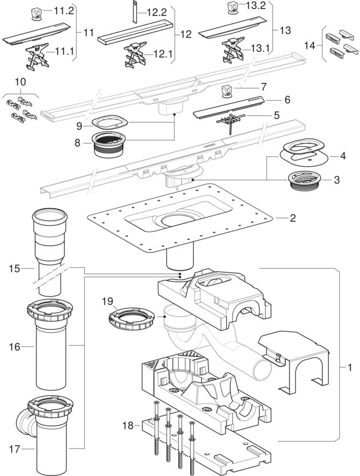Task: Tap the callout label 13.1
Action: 260,49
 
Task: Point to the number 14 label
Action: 312,46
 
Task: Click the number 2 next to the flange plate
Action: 292,217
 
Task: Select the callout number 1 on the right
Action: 345,366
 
